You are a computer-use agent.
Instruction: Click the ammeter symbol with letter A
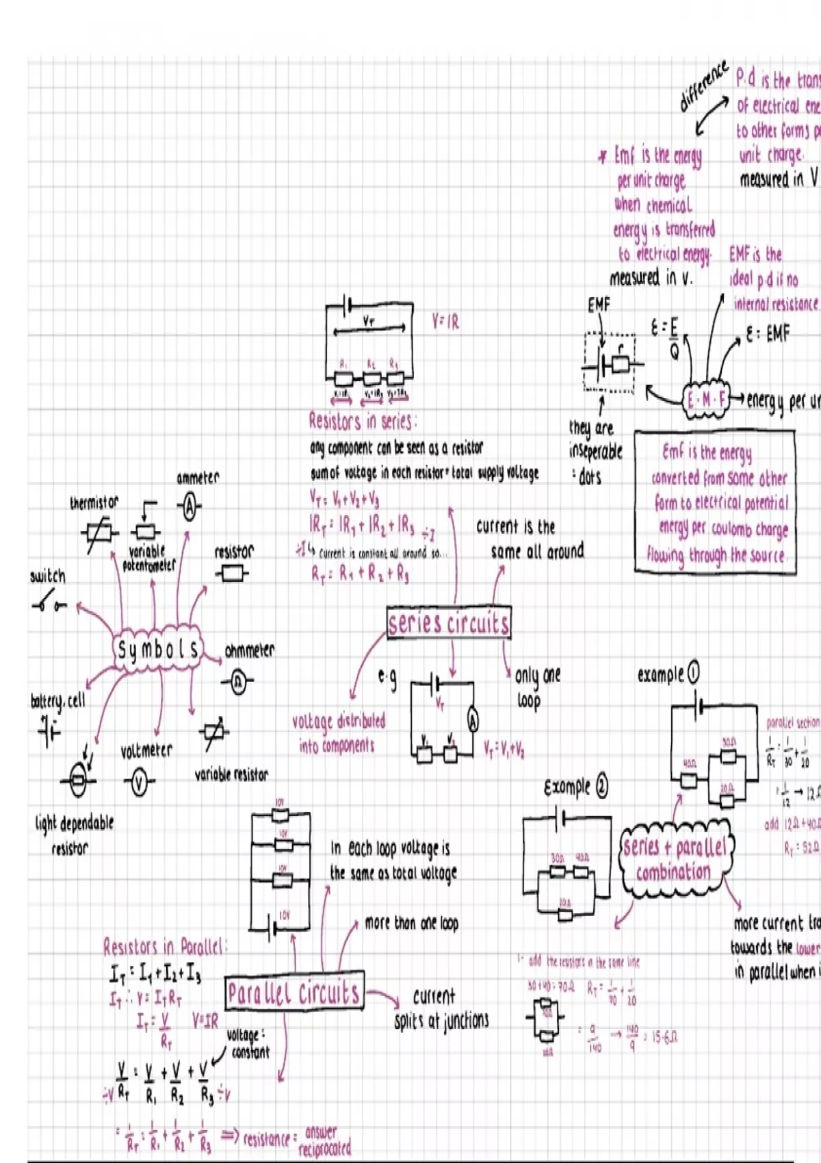click(190, 507)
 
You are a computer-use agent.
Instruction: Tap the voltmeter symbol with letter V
click(140, 782)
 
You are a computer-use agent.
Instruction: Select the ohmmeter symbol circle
click(237, 681)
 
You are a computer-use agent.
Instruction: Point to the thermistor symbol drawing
click(99, 532)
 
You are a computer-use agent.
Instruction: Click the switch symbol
click(49, 605)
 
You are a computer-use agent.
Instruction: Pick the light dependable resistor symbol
click(79, 780)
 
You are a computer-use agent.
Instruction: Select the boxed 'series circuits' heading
click(449, 623)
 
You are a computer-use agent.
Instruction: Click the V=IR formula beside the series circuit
click(445, 322)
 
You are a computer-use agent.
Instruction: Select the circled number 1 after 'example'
click(693, 673)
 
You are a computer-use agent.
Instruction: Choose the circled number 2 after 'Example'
click(601, 787)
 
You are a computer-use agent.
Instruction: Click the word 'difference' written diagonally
click(703, 87)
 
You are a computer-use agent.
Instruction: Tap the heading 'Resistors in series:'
click(362, 421)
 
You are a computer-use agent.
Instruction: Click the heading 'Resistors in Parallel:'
click(164, 947)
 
